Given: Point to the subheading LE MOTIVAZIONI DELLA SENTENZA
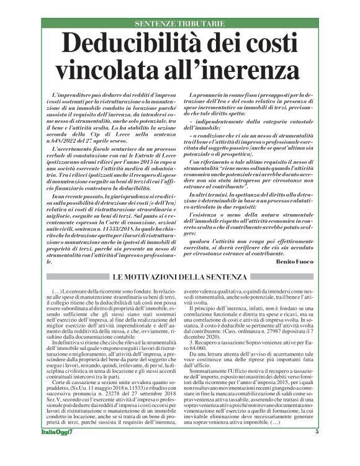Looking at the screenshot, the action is [180, 276].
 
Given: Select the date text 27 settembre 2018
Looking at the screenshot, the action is [145, 394].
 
